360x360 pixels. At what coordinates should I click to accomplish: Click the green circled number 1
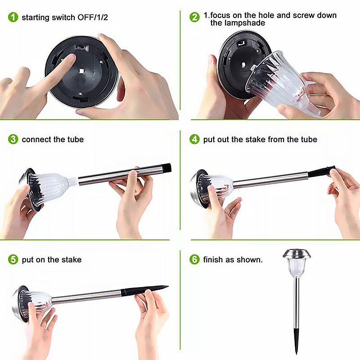[x=13, y=17]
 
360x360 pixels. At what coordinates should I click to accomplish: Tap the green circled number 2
[x=194, y=17]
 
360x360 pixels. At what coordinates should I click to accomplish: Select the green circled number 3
[x=13, y=139]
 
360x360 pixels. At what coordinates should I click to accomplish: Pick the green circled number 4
[x=194, y=139]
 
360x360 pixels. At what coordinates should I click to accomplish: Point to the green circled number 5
[x=13, y=260]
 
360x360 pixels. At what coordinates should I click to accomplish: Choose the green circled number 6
[x=194, y=260]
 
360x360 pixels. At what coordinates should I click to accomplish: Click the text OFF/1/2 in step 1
[x=93, y=18]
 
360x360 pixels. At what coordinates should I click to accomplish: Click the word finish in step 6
[x=213, y=260]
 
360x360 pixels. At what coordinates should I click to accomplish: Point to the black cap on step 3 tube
[x=166, y=168]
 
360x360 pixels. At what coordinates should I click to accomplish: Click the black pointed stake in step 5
[x=144, y=290]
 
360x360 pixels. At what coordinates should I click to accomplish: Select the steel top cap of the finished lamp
[x=297, y=253]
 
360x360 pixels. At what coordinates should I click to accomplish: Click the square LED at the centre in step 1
[x=81, y=72]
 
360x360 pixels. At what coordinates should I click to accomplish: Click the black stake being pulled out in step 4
[x=321, y=171]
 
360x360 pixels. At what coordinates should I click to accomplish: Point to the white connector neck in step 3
[x=73, y=181]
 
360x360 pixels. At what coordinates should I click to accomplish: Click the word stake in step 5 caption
[x=72, y=260]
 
